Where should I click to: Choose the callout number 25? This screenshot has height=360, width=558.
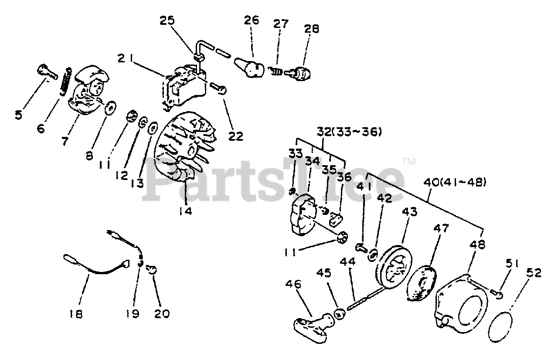(x=168, y=20)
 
